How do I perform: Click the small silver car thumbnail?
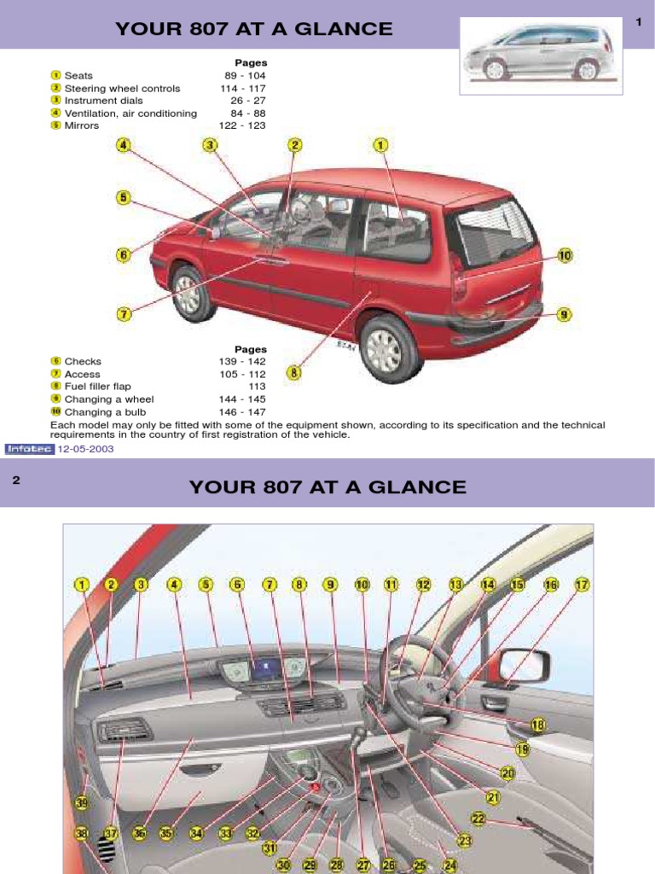point(539,53)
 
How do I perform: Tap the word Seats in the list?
point(78,76)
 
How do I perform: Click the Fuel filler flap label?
point(96,387)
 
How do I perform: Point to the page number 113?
point(257,387)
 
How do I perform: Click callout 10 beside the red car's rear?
point(564,255)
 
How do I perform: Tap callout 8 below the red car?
point(294,372)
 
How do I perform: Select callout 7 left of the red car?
point(124,314)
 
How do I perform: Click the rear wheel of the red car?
point(390,347)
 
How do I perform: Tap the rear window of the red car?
point(495,230)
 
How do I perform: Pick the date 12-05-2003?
point(85,448)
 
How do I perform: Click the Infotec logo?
point(30,448)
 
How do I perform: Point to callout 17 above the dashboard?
point(582,585)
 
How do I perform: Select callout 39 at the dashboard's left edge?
point(82,803)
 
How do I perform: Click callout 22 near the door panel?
point(478,819)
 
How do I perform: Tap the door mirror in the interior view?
point(524,665)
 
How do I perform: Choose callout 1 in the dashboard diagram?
point(81,585)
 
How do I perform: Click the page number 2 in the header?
point(16,481)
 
